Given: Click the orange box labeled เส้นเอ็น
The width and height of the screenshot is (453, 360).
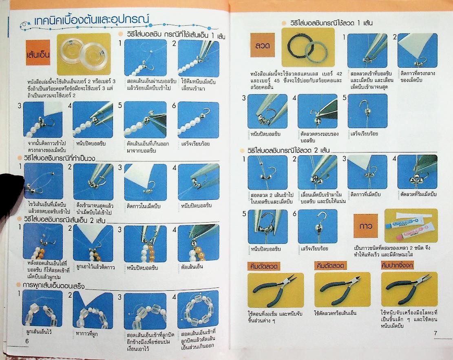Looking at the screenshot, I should click(38, 54).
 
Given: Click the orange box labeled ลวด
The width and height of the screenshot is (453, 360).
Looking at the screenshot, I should click(263, 46).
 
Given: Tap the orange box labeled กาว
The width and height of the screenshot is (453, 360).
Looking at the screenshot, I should click(366, 225).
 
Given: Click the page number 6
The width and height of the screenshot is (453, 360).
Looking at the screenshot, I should click(27, 341).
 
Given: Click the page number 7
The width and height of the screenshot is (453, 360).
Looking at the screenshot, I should click(435, 333).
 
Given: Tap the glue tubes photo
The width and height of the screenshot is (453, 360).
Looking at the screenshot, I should click(411, 225).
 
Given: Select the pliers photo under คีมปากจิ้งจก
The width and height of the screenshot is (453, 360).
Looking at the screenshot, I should click(409, 289).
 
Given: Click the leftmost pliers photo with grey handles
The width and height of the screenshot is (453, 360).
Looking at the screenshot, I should click(275, 289).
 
